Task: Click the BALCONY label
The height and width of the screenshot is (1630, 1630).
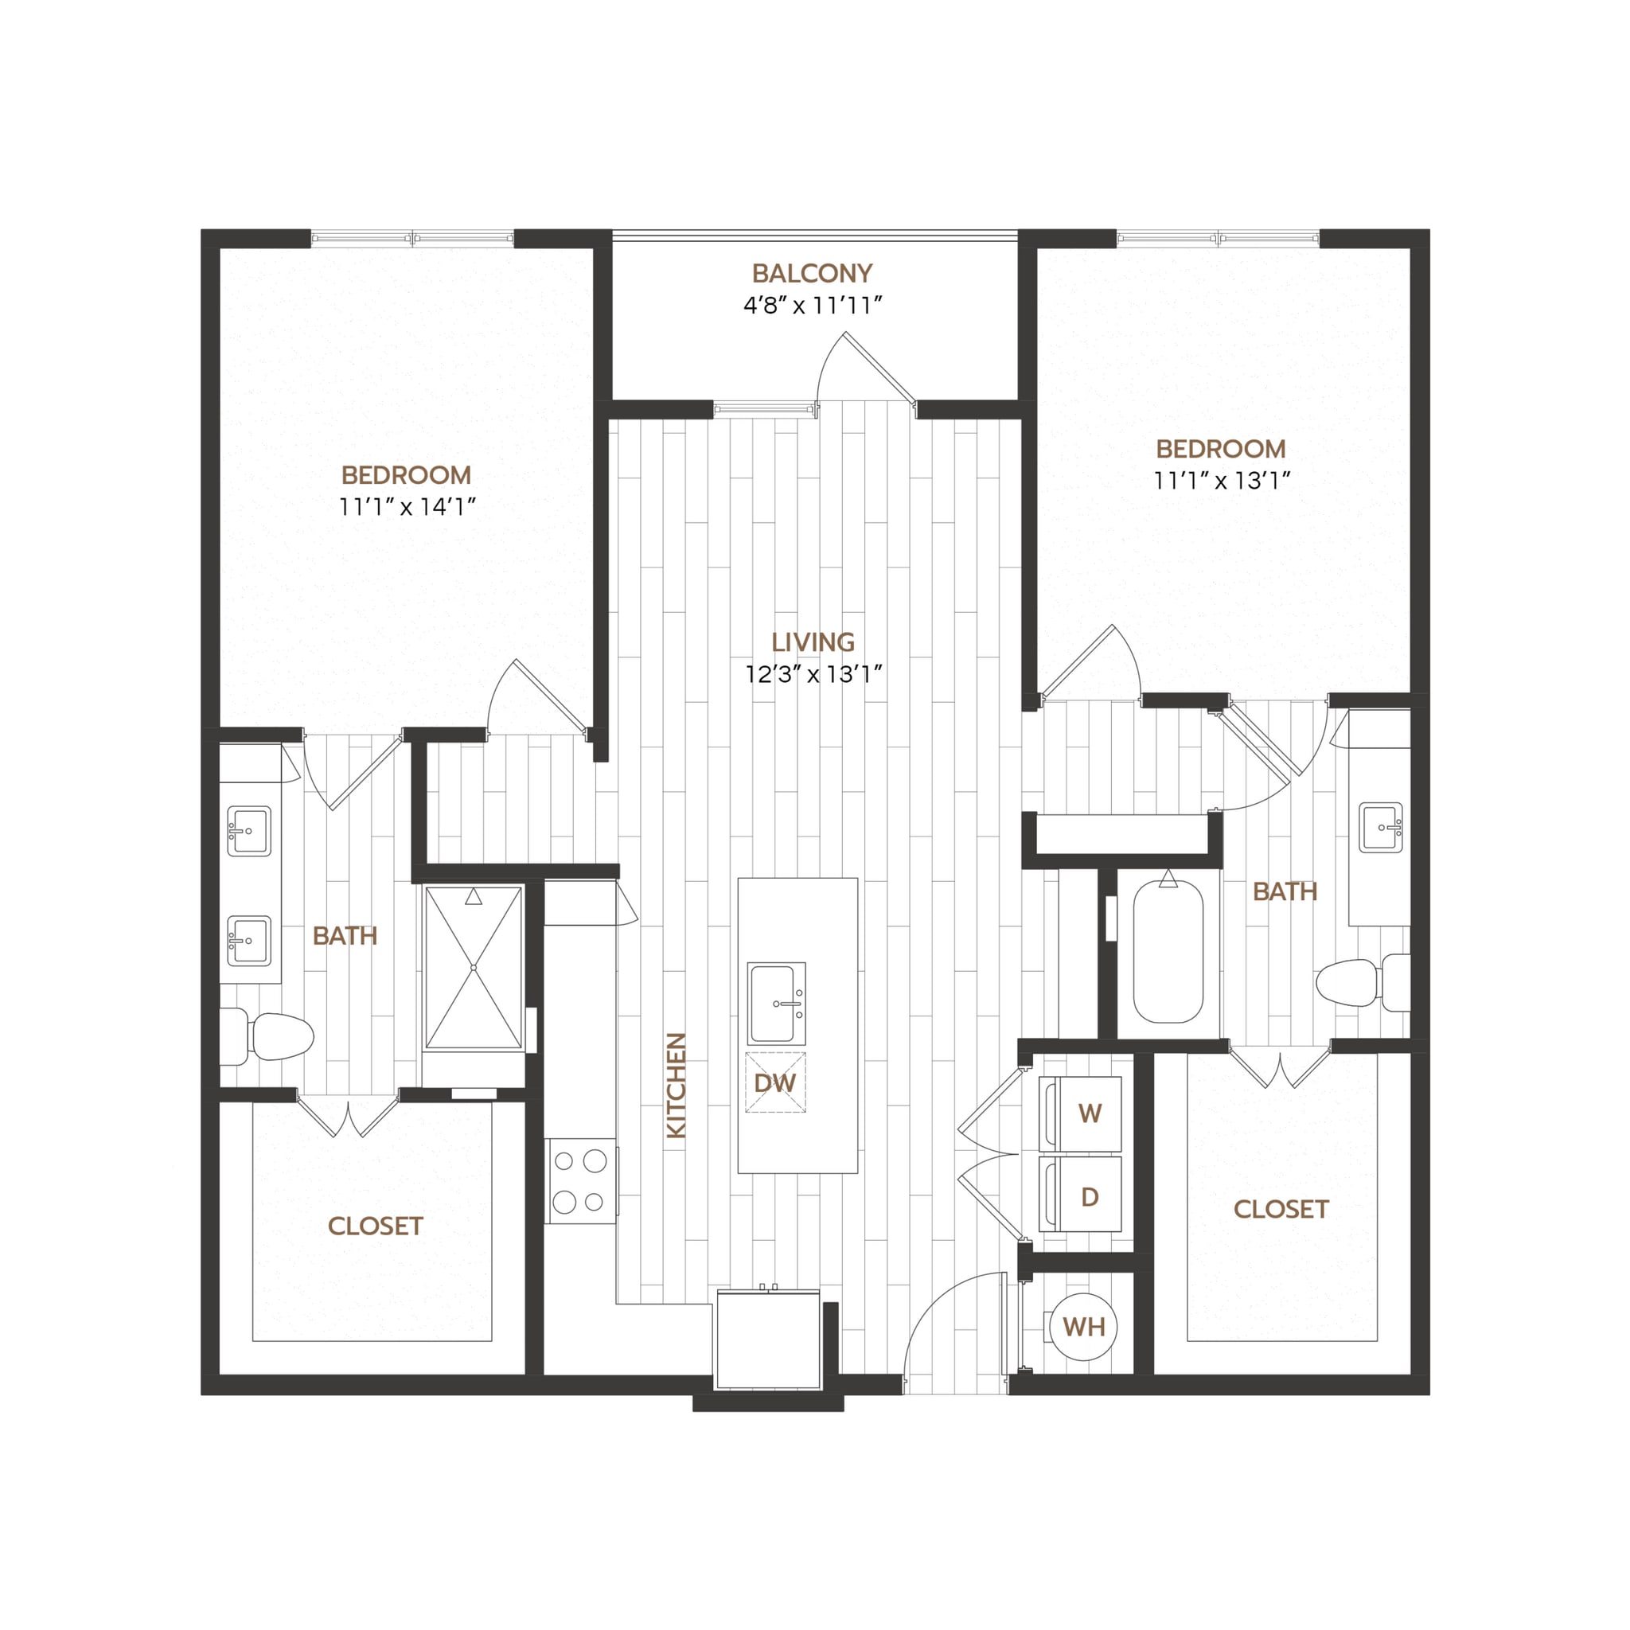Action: [x=812, y=273]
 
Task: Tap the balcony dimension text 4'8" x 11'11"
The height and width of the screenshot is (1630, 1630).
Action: [x=812, y=306]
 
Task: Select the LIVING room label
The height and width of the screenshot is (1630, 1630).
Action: [x=813, y=642]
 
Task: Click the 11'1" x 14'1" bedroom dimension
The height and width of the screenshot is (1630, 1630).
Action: [x=407, y=507]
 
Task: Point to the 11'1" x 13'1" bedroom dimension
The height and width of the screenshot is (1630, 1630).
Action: [x=1222, y=481]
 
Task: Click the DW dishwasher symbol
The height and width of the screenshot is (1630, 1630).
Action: [x=774, y=1083]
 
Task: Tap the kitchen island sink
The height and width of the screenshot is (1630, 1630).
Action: [x=776, y=1003]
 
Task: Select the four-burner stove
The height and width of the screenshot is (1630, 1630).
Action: [x=579, y=1181]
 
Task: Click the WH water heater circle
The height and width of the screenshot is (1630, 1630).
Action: [x=1083, y=1327]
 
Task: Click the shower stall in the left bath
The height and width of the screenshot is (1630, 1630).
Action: [x=474, y=967]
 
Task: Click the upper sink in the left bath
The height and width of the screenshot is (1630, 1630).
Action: [x=249, y=831]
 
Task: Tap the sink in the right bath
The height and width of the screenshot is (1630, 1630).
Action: [x=1381, y=827]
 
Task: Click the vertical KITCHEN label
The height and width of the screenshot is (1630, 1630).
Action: [x=677, y=1086]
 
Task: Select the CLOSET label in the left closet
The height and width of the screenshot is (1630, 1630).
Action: [x=375, y=1226]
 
